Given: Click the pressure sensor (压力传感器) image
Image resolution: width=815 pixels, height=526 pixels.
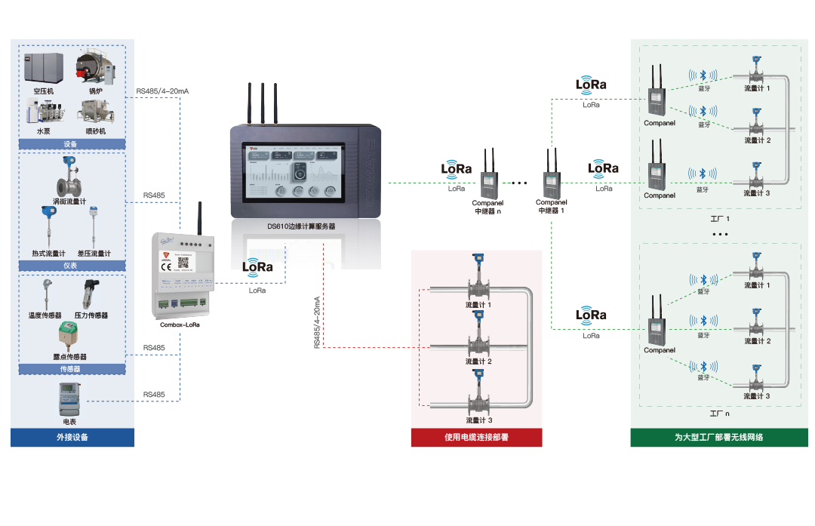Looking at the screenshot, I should [x=91, y=295].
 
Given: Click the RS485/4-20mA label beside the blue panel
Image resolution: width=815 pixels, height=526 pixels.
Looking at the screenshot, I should [x=162, y=91].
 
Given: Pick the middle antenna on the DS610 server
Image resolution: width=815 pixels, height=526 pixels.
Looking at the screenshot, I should [x=263, y=102].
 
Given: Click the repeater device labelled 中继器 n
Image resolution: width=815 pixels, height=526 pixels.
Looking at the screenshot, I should [x=487, y=181].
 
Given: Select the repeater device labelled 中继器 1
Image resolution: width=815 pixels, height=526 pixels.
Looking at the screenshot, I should [x=551, y=181].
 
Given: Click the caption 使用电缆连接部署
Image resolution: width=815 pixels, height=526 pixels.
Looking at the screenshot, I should [x=476, y=437].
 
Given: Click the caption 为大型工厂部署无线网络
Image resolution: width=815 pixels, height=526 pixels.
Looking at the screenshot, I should [x=718, y=437].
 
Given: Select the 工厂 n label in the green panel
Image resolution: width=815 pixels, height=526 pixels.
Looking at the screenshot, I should [x=719, y=414].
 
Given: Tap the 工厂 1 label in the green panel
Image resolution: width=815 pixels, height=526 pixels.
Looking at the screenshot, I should [x=720, y=219].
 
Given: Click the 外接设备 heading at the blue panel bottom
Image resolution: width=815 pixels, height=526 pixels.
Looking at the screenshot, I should [x=72, y=437].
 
